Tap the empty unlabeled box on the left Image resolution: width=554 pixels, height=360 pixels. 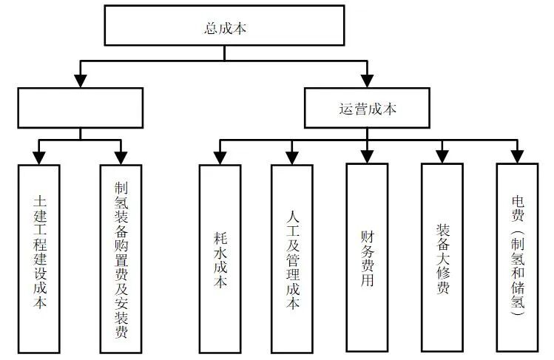[80, 107]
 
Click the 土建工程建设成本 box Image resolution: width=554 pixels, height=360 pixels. [39, 259]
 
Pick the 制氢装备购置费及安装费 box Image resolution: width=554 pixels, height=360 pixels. [121, 259]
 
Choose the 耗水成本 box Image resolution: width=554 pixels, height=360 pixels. [220, 259]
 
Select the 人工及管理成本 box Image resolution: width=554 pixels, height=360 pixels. [292, 259]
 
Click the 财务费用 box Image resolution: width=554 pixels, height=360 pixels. [367, 259]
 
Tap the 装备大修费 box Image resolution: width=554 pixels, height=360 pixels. [442, 259]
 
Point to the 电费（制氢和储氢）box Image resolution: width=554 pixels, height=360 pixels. [517, 259]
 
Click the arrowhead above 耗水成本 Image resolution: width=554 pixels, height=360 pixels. [220, 157]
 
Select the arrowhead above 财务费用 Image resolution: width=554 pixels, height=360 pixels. [367, 156]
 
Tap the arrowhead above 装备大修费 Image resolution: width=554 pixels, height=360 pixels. [442, 156]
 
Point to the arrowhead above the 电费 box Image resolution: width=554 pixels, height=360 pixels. [517, 156]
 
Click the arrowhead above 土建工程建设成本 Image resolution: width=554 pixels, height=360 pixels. [39, 157]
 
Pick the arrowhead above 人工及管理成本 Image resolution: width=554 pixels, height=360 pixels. [292, 157]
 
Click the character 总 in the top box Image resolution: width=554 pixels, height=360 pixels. [209, 28]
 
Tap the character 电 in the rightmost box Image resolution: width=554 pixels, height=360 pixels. [517, 200]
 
